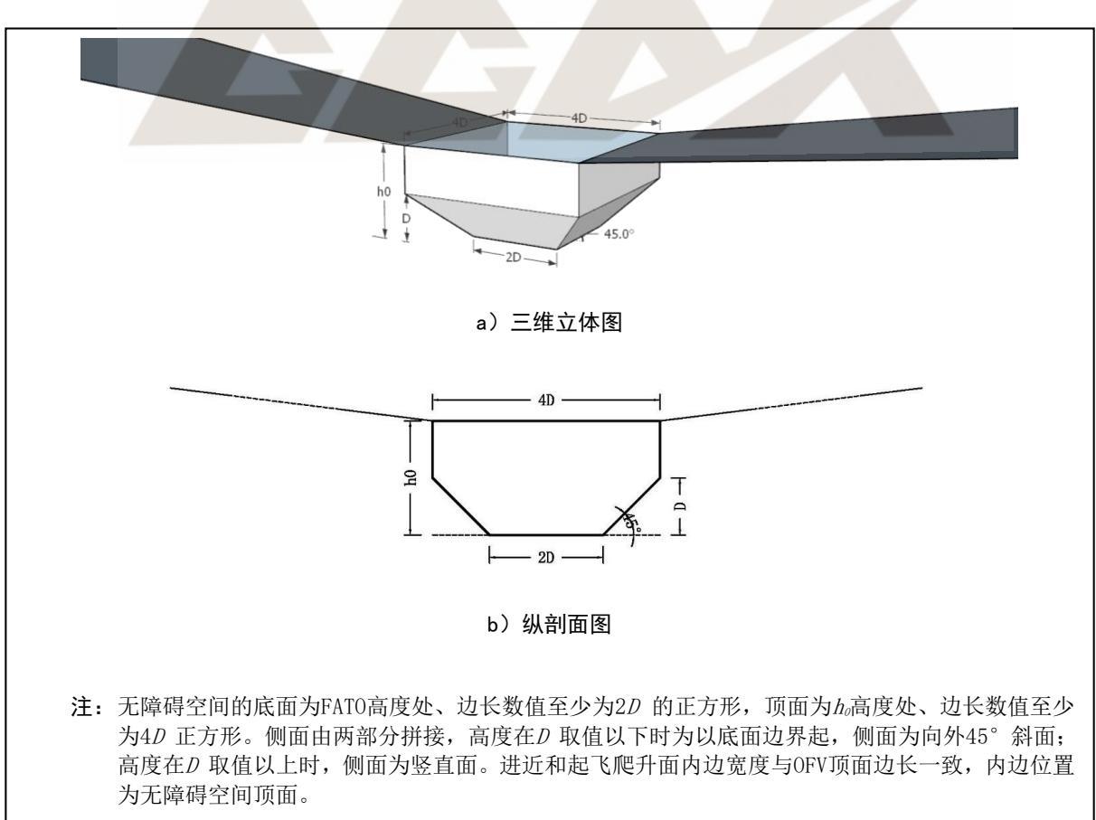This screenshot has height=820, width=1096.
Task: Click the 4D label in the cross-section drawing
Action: (546, 401)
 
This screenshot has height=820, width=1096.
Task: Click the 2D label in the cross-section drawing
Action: (546, 558)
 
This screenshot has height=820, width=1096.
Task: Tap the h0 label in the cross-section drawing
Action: (411, 477)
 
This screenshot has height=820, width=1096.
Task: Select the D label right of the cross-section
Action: (680, 506)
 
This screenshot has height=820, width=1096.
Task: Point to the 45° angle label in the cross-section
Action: (631, 522)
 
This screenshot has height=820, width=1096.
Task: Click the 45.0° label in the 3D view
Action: (619, 233)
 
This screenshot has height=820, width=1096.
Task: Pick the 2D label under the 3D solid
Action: (514, 257)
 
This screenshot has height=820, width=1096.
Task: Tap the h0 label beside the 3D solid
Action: (383, 191)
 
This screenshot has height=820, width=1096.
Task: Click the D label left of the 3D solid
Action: (406, 219)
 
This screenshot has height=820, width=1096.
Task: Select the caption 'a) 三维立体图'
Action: (549, 323)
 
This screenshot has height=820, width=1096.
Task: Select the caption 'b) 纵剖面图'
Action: (549, 624)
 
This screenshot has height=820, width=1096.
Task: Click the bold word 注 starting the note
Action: (81, 707)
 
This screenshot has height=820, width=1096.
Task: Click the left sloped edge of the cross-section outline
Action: (460, 506)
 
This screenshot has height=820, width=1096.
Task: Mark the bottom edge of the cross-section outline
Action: (546, 535)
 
